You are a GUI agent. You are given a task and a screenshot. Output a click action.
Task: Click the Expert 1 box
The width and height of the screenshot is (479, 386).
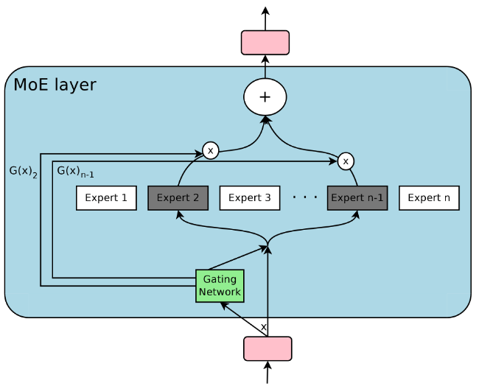pos(106,197)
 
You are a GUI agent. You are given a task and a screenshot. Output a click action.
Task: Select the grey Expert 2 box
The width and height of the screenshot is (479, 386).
pos(178,197)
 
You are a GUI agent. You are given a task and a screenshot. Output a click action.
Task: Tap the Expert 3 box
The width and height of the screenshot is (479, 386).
pos(249,197)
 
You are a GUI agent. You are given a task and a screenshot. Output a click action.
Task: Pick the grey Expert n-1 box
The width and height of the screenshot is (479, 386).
pos(357,197)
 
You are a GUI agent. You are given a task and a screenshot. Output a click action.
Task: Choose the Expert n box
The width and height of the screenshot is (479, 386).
pos(429,197)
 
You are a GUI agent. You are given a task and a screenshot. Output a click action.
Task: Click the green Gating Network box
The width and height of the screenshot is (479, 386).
pos(219,286)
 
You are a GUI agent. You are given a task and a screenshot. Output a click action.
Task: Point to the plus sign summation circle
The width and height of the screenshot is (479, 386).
pos(265,97)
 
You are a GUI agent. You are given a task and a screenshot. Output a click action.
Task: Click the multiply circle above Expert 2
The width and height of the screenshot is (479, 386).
pos(211,151)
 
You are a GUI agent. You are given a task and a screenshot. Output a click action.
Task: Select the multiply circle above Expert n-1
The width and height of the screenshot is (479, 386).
pos(346,160)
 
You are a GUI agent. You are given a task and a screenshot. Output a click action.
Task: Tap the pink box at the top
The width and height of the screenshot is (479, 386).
pos(265,42)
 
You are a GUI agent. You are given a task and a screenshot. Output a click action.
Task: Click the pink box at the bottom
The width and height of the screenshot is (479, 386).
pos(268,348)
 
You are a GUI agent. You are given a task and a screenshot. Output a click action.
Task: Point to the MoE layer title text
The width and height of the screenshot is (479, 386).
pos(55,85)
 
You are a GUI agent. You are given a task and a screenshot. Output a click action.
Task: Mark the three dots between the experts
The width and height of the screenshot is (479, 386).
pos(304,197)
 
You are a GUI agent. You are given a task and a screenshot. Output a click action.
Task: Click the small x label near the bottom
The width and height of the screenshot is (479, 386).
pos(263,326)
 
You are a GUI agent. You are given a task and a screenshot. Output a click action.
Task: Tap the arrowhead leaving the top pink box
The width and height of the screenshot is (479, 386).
pos(265,10)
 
